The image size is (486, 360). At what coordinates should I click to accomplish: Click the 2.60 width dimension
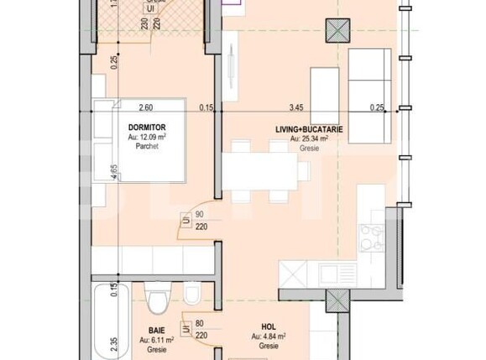(x=146, y=107)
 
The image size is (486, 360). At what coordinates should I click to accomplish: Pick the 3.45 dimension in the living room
(x=296, y=107)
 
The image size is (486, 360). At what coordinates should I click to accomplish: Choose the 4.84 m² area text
(x=269, y=336)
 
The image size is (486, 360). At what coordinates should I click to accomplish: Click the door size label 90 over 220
(x=200, y=221)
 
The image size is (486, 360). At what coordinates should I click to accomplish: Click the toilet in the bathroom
(x=157, y=299)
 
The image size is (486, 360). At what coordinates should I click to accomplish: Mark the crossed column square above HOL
(x=337, y=300)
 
